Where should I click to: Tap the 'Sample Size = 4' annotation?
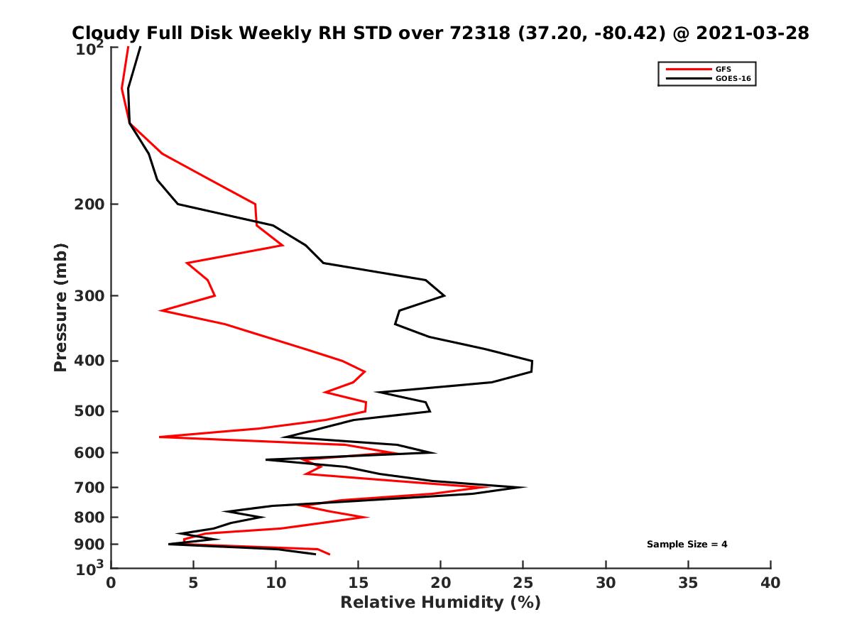click(x=687, y=545)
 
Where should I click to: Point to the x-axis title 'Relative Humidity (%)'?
click(x=440, y=603)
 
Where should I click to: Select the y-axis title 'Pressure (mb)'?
click(x=60, y=307)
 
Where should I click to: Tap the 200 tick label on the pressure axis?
click(x=90, y=204)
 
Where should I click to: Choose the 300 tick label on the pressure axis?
click(x=90, y=296)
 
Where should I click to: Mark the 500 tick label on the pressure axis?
click(x=90, y=412)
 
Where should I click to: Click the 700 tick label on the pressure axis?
click(x=90, y=488)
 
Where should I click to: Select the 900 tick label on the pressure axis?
click(x=90, y=545)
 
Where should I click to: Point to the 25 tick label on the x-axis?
click(x=523, y=583)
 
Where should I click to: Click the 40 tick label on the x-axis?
click(x=770, y=583)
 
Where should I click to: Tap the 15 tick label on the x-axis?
click(x=359, y=583)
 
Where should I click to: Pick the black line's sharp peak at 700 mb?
click(x=525, y=487)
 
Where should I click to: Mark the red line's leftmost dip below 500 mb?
click(x=160, y=437)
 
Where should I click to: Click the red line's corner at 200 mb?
click(x=255, y=204)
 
